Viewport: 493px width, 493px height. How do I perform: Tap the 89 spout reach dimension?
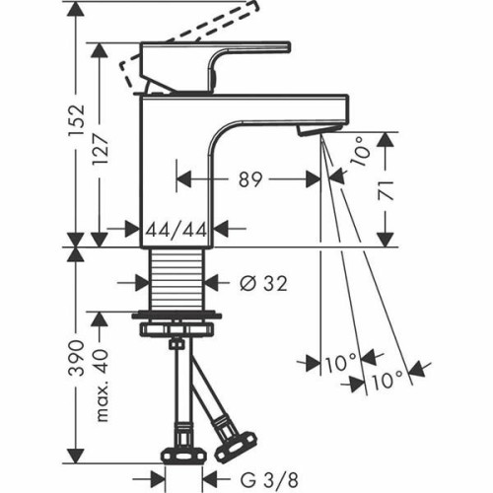pyautogui.click(x=249, y=180)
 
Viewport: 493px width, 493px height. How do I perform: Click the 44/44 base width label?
pyautogui.click(x=176, y=230)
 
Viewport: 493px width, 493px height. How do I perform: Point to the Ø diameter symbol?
pyautogui.click(x=246, y=284)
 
